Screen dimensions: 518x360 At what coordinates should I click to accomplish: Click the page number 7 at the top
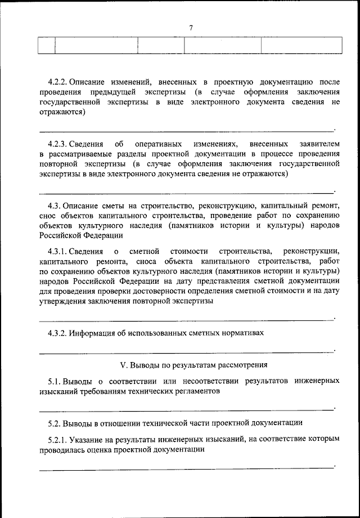coord(191,28)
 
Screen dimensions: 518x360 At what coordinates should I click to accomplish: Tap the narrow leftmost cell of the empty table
coord(47,45)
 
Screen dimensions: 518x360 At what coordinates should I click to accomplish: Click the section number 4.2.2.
coord(58,82)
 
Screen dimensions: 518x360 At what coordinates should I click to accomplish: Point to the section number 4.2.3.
coord(58,144)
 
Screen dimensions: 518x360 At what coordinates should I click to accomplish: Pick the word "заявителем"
coord(317,144)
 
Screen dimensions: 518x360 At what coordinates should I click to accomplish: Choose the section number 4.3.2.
coord(58,332)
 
